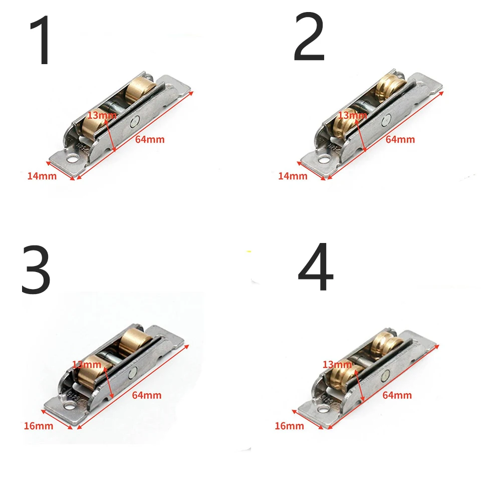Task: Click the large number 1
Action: click(41, 41)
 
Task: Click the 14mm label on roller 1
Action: click(42, 176)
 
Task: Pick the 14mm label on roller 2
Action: click(292, 176)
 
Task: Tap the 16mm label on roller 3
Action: click(38, 426)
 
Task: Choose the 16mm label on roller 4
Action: click(289, 426)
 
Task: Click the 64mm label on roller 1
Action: click(150, 139)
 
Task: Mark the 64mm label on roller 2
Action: click(400, 139)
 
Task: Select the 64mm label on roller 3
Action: click(147, 395)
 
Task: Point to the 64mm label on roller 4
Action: click(397, 395)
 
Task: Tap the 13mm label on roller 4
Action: click(337, 364)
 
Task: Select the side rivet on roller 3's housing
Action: click(133, 372)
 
